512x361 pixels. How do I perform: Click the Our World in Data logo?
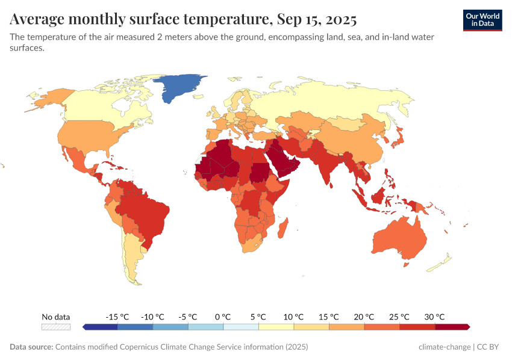pos(482,20)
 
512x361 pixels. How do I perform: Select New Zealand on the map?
pos(444,260)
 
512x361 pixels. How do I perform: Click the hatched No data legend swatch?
pos(55,327)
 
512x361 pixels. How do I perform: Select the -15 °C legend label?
pos(117,316)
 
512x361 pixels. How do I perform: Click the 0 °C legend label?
pos(223,316)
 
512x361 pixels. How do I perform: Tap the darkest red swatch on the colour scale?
pos(452,327)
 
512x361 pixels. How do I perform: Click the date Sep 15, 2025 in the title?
pos(316,20)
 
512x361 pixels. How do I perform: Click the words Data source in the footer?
pos(31,347)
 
